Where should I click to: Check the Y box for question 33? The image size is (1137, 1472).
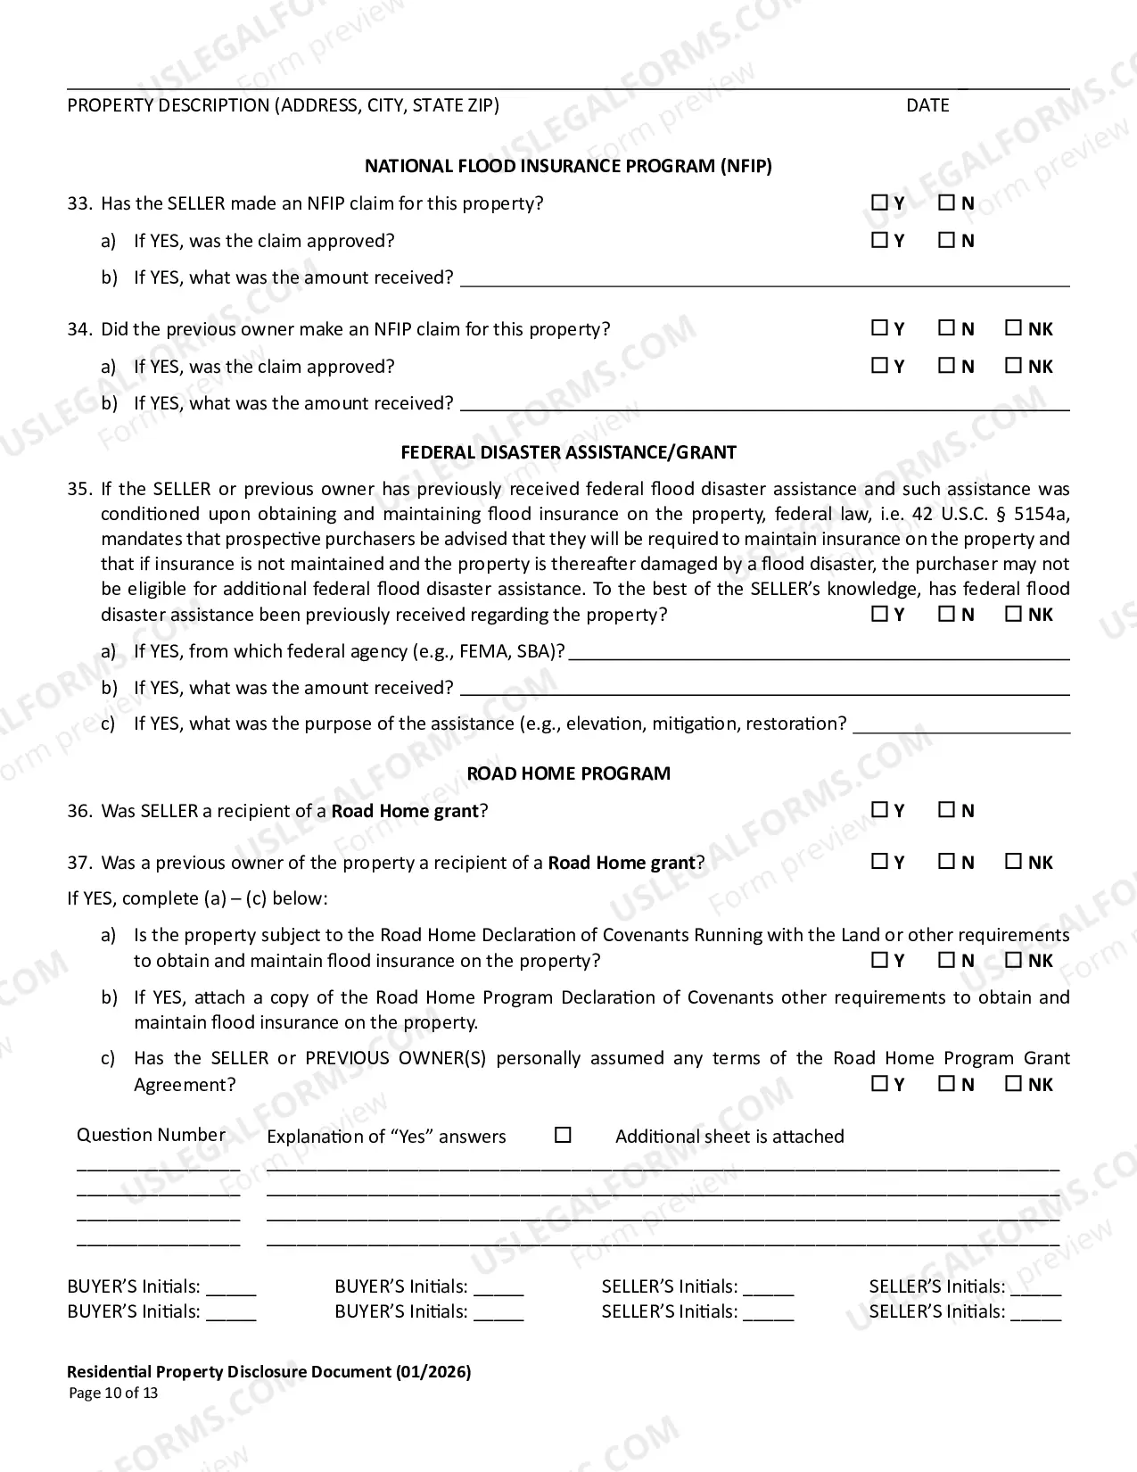point(879,203)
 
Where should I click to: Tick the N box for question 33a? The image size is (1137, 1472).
point(946,240)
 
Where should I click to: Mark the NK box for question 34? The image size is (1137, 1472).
point(1013,327)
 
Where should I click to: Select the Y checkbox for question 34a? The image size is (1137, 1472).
point(879,365)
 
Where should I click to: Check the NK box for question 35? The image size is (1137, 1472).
point(1013,614)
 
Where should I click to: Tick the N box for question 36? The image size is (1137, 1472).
point(946,809)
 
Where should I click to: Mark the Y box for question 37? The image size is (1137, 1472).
point(879,861)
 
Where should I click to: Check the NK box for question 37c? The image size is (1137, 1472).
point(1013,1084)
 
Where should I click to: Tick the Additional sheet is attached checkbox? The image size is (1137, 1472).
point(563,1135)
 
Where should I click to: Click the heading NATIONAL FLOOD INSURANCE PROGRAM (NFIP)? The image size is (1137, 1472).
point(568,166)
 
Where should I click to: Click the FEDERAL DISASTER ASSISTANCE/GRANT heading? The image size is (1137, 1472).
point(568,452)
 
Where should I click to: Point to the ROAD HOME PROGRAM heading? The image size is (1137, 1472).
point(568,773)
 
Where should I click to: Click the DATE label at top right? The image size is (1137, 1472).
point(927,105)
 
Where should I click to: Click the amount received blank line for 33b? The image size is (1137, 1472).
point(763,280)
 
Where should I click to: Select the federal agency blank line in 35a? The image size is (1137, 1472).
point(819,654)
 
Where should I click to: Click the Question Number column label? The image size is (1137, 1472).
point(151,1135)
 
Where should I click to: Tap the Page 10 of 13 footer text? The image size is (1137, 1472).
point(113,1393)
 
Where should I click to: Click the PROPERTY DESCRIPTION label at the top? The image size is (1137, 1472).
point(283,105)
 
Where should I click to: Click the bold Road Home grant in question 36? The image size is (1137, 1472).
point(405,811)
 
